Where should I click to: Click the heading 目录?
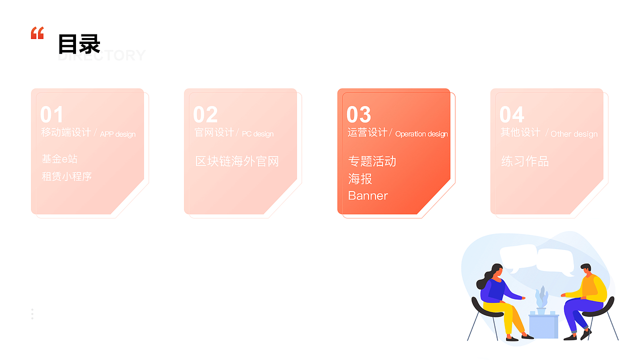click(79, 44)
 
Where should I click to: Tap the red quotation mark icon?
click(37, 33)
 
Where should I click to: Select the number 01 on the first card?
click(52, 115)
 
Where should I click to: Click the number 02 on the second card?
click(205, 115)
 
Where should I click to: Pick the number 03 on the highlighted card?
click(359, 115)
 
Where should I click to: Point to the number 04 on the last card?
click(511, 115)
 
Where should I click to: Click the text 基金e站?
click(59, 159)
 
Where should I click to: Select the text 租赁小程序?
click(66, 176)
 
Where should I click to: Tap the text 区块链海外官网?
click(237, 161)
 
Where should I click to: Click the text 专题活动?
click(372, 161)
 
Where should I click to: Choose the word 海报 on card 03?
click(360, 178)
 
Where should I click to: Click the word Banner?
click(368, 195)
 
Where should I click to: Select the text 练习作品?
click(525, 161)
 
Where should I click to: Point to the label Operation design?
click(421, 134)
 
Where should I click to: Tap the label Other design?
click(574, 134)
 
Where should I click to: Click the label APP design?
click(117, 134)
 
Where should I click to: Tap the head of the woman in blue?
click(495, 272)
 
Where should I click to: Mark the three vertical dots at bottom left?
click(32, 314)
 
